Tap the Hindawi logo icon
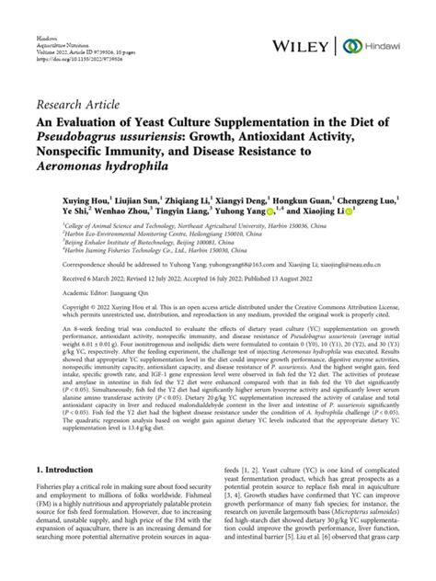[350, 45]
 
